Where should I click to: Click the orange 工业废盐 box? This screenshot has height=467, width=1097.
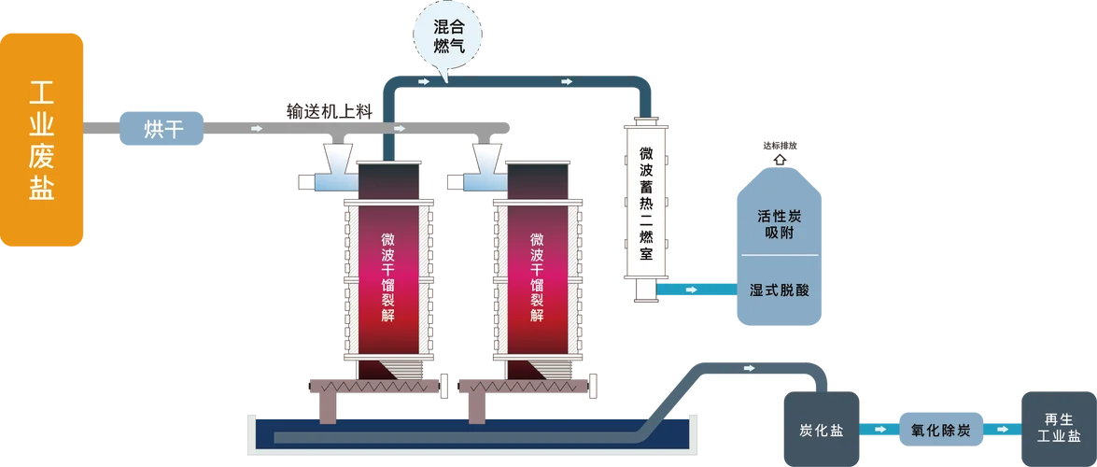coord(41,140)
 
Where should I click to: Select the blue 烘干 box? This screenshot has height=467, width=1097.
coord(162,129)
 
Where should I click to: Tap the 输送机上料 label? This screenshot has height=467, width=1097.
coord(330,110)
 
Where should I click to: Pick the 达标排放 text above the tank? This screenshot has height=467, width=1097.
coord(780,147)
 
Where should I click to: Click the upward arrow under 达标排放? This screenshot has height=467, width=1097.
coord(780,159)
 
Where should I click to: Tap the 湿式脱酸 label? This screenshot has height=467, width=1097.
coord(779,290)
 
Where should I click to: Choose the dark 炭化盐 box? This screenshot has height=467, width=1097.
coord(822,430)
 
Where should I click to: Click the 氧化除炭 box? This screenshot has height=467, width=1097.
coord(940,430)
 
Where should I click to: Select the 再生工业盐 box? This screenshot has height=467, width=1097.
coord(1059,430)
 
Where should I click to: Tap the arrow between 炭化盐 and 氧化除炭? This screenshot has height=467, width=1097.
coord(879,430)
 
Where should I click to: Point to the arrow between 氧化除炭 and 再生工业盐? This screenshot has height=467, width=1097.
coord(1003,430)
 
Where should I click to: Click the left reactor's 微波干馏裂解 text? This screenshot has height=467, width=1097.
coord(388,277)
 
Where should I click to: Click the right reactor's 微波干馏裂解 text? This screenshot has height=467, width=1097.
coord(538,277)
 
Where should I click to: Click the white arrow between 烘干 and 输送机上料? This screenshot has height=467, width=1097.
coord(257,129)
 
